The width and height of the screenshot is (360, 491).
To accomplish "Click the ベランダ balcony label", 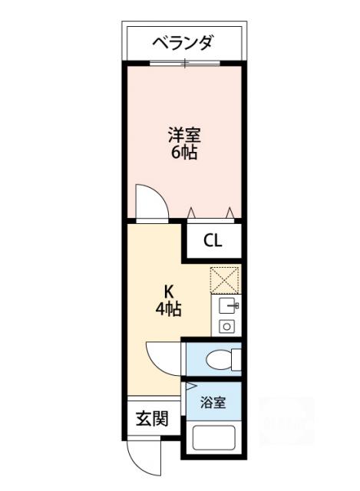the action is click(183, 43).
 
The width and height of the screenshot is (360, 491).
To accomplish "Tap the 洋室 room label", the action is click(184, 135).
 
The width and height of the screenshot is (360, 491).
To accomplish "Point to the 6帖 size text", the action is click(184, 153).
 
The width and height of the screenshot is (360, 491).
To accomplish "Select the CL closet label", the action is click(213, 241).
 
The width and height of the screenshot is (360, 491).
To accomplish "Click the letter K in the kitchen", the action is click(169, 292).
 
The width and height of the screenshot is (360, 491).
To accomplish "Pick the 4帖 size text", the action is click(169, 309).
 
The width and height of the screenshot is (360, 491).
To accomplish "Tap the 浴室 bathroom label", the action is click(213, 402).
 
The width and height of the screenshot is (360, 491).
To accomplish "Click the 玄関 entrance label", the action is click(152, 419).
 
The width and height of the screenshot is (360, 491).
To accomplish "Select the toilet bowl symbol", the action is click(223, 359).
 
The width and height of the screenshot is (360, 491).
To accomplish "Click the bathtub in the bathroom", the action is click(213, 438).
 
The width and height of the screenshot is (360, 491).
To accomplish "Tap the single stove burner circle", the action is click(226, 327).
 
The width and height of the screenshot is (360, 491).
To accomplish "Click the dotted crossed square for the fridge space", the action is click(224, 280).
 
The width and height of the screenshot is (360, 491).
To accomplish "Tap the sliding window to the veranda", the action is click(185, 63).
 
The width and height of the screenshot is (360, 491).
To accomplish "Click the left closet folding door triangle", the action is click(191, 213).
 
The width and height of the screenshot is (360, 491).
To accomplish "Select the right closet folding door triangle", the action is click(230, 213).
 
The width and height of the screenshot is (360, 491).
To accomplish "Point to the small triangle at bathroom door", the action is click(190, 385).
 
